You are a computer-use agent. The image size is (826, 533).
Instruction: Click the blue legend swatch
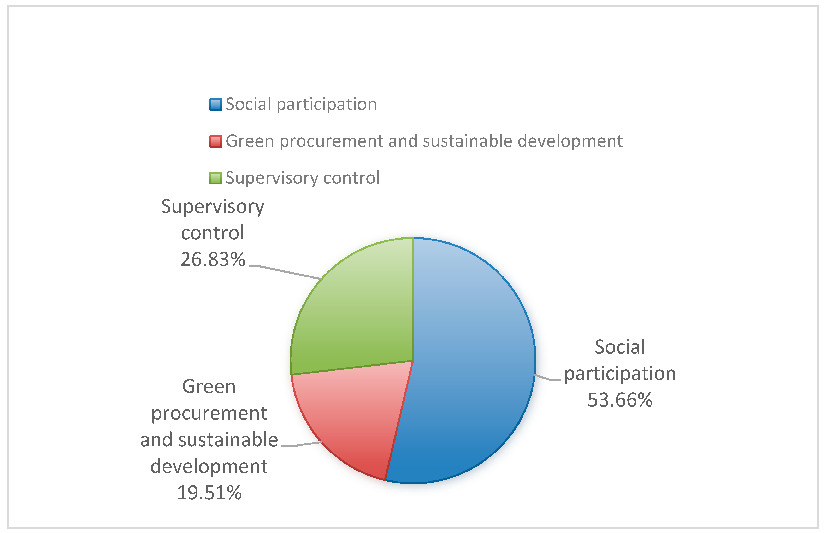tap(215, 105)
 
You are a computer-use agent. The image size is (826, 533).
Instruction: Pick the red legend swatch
tap(215, 141)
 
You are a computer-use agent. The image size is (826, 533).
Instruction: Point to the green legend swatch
tap(215, 178)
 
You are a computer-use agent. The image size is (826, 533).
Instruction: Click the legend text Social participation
tap(301, 105)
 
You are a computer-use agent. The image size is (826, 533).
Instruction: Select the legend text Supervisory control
tap(303, 178)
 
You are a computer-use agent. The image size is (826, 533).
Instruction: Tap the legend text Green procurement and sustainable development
tap(424, 141)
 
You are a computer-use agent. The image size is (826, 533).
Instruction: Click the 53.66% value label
tap(620, 400)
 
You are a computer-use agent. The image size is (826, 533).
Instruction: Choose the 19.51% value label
tap(209, 493)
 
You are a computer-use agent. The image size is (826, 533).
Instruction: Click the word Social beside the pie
tap(620, 347)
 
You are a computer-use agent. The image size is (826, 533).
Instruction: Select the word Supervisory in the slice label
tap(213, 207)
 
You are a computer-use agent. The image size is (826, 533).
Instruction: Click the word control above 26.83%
tap(213, 233)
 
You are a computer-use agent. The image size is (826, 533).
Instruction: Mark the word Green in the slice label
tap(209, 387)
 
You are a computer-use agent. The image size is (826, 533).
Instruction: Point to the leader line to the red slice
tap(303, 445)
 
